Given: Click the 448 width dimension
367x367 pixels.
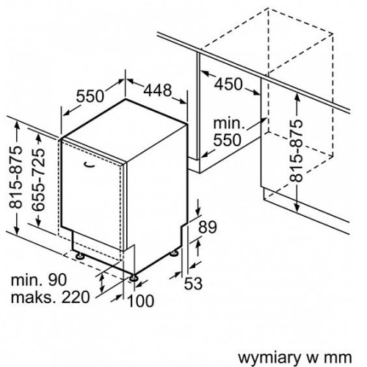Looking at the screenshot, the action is (158, 90).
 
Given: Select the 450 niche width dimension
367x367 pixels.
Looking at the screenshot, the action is (228, 84).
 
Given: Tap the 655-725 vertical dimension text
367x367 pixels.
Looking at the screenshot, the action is (39, 180).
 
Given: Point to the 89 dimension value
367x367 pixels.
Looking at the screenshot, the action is (208, 227).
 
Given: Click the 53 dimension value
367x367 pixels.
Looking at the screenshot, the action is (193, 284).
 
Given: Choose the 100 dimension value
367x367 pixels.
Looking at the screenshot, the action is (141, 301).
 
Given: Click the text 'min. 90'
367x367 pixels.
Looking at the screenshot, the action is (39, 280).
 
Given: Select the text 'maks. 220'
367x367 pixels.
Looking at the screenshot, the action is (51, 297).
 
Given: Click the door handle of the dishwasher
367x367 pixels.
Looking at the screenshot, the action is (89, 164).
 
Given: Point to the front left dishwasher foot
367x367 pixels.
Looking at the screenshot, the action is (80, 255).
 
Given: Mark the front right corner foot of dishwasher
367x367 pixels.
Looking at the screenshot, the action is (134, 278).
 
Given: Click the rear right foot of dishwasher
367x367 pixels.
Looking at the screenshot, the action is (174, 253).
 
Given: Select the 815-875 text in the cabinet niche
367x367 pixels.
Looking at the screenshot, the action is (297, 151).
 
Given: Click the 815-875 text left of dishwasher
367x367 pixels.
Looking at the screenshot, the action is (15, 177).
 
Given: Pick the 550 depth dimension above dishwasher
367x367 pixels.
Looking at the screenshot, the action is (90, 96).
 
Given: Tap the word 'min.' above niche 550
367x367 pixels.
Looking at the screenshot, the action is (229, 123).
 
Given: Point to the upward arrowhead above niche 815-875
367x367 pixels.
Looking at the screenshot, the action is (297, 98).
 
